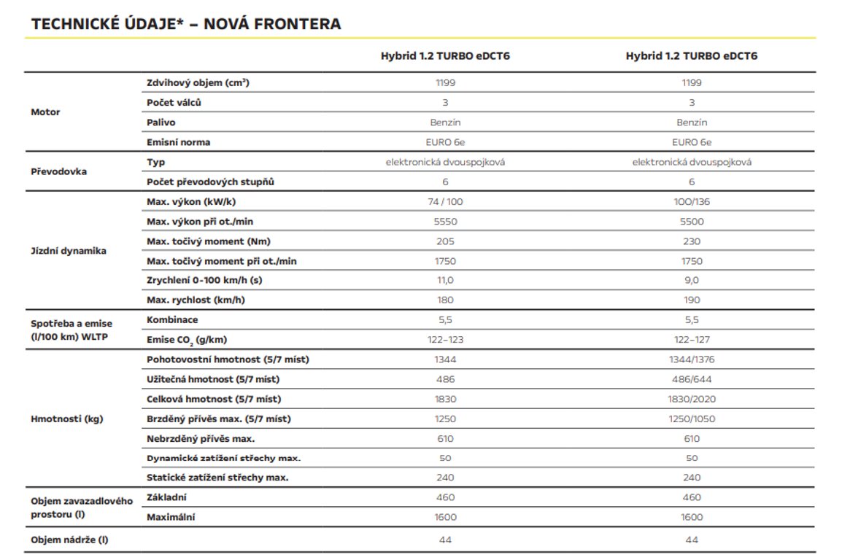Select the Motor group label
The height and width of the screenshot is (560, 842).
[x=45, y=112]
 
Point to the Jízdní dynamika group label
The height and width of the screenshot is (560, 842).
[x=69, y=251]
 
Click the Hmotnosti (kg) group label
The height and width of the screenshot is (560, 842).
[x=66, y=419]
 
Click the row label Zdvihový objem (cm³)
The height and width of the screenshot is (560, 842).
[x=198, y=83]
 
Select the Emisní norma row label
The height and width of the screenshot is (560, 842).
[x=178, y=142]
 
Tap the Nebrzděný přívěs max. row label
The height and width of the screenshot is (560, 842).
[x=201, y=438]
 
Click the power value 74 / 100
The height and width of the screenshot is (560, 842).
[x=444, y=202]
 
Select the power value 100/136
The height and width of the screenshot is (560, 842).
[x=692, y=202]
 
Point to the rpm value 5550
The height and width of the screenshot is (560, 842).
[x=444, y=222]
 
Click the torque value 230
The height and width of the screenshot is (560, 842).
[x=692, y=241]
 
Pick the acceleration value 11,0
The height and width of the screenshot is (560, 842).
[x=444, y=280]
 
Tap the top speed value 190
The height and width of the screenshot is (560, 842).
[x=692, y=300]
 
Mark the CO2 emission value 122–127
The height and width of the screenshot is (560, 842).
[x=692, y=340]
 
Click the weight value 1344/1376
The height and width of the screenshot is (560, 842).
[x=692, y=359]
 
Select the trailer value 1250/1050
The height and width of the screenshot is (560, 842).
[x=692, y=419]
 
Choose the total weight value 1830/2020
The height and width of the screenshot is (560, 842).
[x=692, y=399]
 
